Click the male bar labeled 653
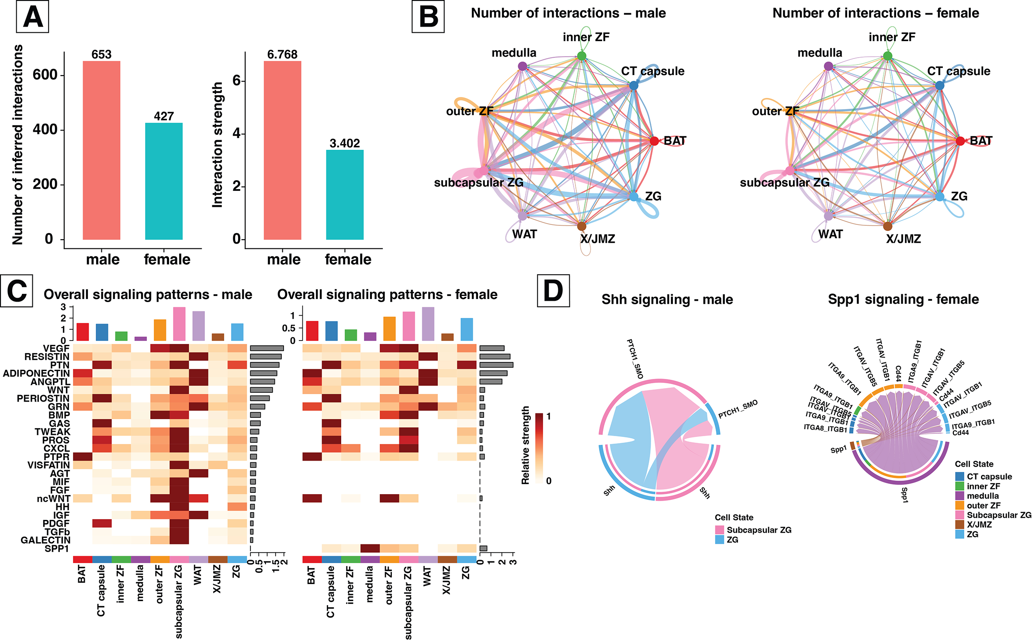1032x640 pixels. click(x=101, y=150)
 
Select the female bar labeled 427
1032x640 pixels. click(x=164, y=181)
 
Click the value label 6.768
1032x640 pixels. click(x=282, y=55)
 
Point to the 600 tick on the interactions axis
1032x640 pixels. click(x=45, y=75)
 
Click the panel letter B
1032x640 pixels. click(x=428, y=17)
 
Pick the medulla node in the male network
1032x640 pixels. click(x=523, y=66)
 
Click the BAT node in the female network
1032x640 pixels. click(x=960, y=141)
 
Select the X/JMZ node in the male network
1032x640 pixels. click(x=582, y=226)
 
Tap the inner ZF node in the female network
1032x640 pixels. click(x=887, y=56)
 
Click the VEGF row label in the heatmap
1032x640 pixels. click(x=56, y=348)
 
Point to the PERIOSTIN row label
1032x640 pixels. click(x=43, y=398)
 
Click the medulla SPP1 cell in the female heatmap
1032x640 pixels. click(x=370, y=548)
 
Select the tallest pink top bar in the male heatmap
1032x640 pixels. click(x=179, y=323)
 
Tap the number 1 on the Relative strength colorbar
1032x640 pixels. click(x=549, y=416)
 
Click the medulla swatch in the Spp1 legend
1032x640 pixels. click(x=960, y=496)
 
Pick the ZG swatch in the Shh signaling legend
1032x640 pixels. click(x=720, y=540)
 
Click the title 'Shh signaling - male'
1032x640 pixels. click(x=667, y=299)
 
